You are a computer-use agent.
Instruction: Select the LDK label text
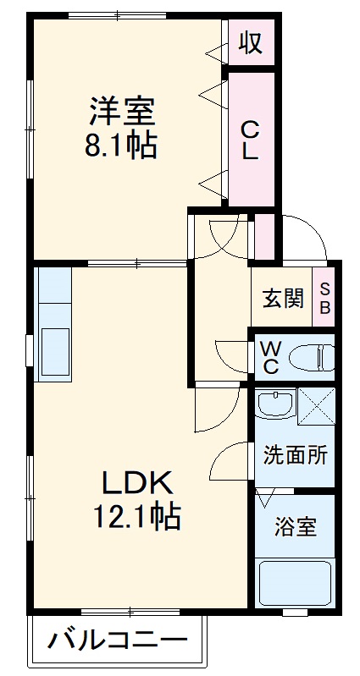(x=138, y=483)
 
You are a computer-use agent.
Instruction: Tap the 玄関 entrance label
(x=282, y=300)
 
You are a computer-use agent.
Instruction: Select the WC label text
(x=270, y=357)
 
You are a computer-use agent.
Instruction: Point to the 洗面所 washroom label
(x=294, y=454)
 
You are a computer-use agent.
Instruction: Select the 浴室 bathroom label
(x=295, y=526)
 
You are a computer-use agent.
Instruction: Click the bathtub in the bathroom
(x=295, y=583)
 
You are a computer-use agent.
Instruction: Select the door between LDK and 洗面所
(x=229, y=461)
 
